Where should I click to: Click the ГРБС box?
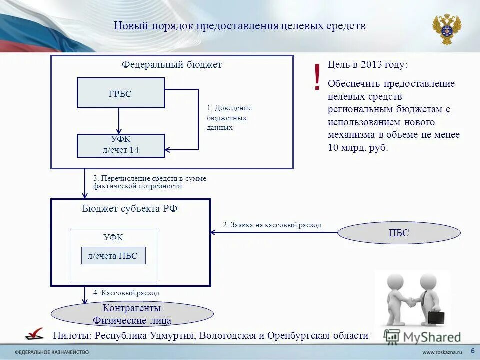tap(120, 93)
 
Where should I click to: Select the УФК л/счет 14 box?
tap(120, 145)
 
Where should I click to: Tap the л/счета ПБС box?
tap(113, 255)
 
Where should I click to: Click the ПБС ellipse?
tap(399, 233)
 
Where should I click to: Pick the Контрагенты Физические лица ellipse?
tap(132, 314)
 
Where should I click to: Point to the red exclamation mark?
tap(317, 78)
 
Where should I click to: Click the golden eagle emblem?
tap(446, 29)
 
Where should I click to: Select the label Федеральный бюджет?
tap(172, 65)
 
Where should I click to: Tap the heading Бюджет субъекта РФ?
tap(130, 209)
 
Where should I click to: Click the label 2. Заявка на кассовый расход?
tap(272, 225)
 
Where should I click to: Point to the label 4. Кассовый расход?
tap(126, 293)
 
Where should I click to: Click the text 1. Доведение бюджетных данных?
tap(229, 117)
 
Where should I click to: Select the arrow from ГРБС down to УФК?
tap(119, 121)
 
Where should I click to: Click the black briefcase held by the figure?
tap(435, 317)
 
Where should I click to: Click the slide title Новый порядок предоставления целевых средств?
tap(240, 26)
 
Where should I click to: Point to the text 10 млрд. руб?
tap(358, 148)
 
